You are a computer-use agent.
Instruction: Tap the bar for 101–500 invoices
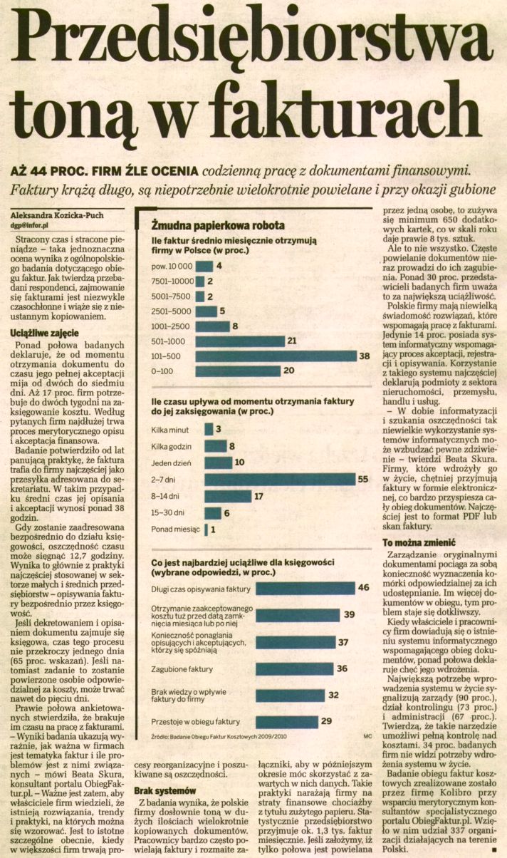pos(276,356)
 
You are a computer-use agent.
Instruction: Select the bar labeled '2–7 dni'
pos(278,480)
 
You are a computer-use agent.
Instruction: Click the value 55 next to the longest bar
pos(362,480)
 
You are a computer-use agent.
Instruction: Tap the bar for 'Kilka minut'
pos(208,429)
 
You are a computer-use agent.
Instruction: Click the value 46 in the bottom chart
pos(363,587)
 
